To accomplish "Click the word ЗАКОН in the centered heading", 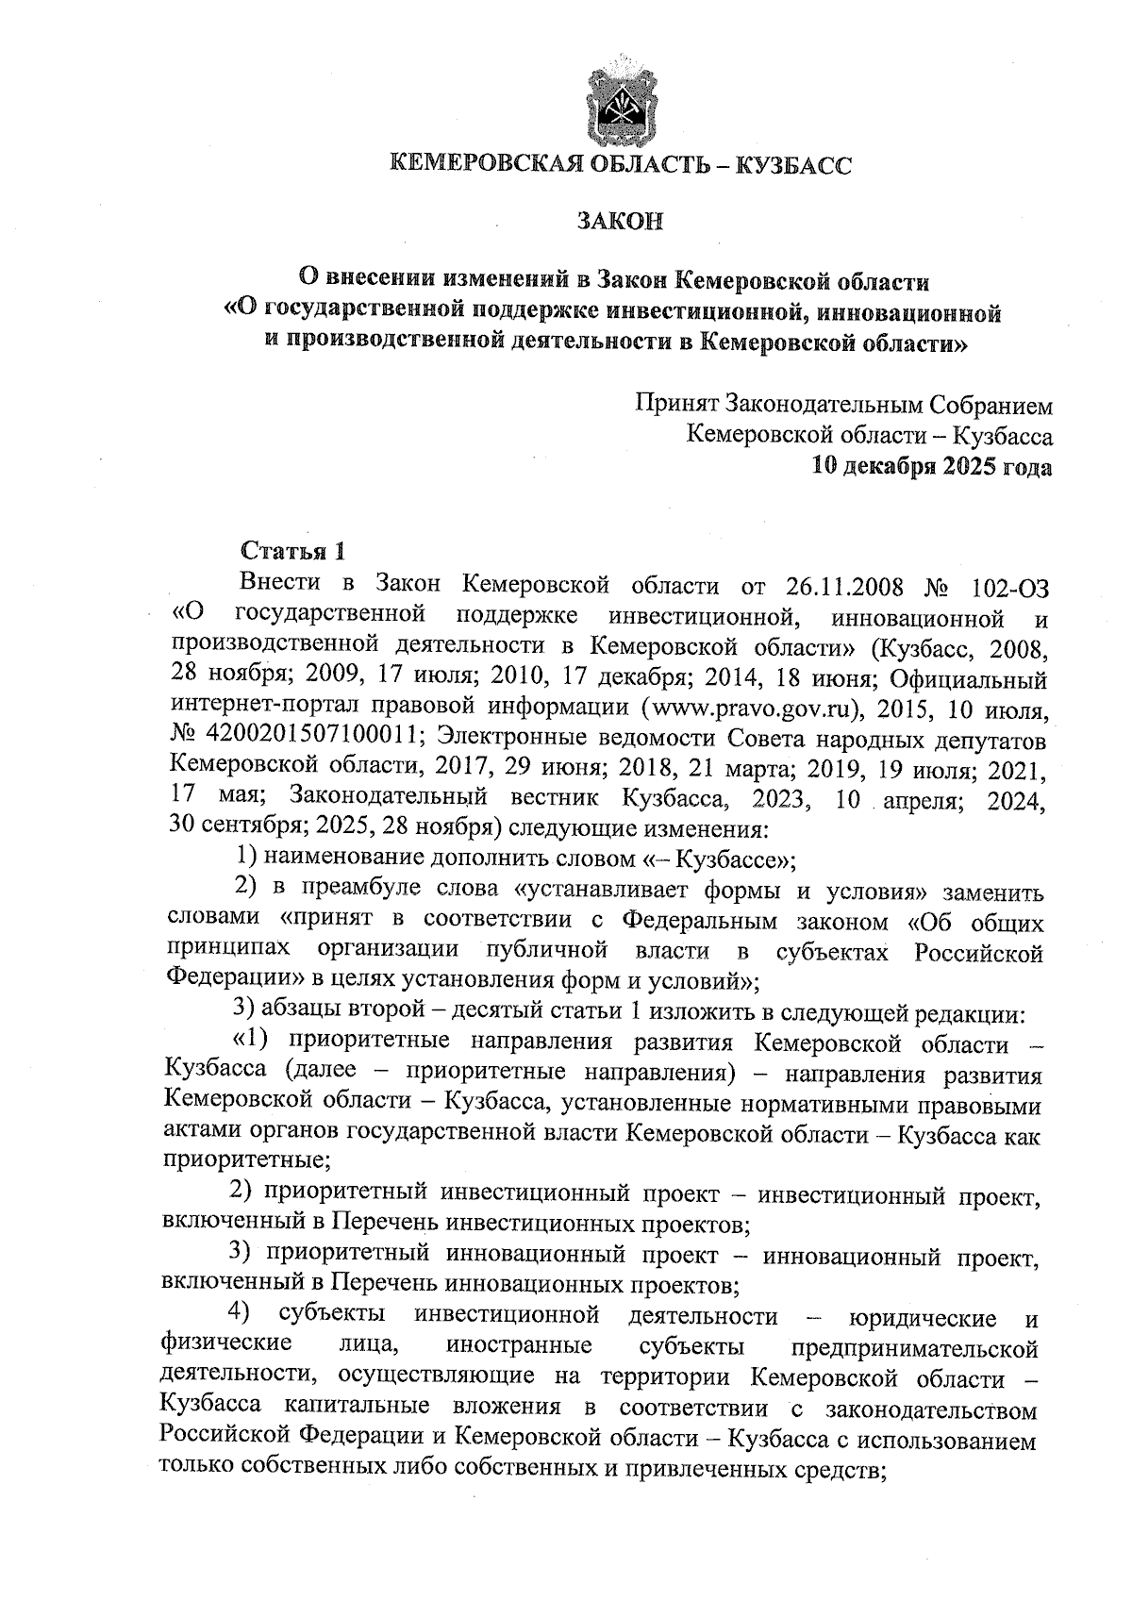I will click(620, 222).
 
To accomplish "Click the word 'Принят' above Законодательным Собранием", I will click(674, 405).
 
